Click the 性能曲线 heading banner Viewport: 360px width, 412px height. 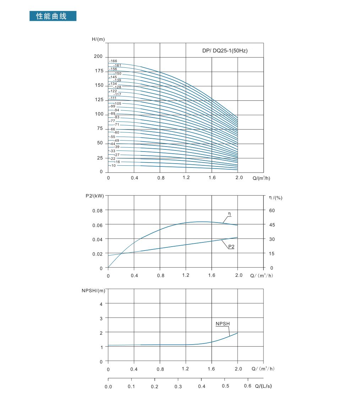click(x=53, y=16)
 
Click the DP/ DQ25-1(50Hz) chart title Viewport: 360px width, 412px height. click(x=225, y=51)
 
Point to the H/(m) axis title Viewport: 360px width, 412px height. click(x=98, y=39)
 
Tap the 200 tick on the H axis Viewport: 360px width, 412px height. click(x=98, y=57)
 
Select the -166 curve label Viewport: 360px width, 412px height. click(x=113, y=61)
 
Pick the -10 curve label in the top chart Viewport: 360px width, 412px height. click(x=113, y=166)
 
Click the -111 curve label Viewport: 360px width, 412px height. click(x=113, y=98)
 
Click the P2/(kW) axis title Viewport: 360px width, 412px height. click(x=95, y=196)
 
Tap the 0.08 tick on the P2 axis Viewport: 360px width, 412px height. click(x=97, y=210)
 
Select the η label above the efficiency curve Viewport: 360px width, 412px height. click(x=229, y=214)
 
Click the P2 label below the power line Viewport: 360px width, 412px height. click(x=231, y=246)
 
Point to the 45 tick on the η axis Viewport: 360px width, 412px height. click(x=272, y=225)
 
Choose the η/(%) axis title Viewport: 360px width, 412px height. click(x=276, y=198)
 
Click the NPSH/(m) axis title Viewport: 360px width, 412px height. click(x=93, y=291)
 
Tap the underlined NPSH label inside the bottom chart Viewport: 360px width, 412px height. click(x=223, y=324)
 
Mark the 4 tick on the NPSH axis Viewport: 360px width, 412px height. click(x=101, y=304)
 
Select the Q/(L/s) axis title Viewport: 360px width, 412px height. click(x=263, y=386)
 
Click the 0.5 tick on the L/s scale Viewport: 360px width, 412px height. click(x=225, y=386)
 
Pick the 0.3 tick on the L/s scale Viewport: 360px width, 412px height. click(x=178, y=386)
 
